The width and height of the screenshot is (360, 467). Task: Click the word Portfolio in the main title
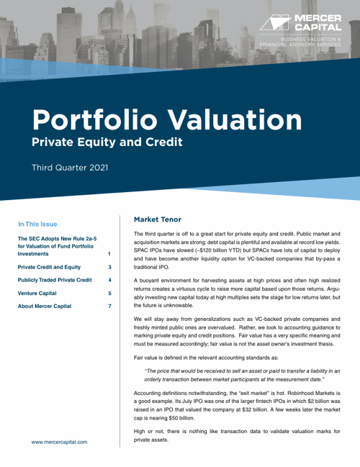(91, 117)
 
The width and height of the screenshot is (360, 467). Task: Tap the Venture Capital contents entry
(41, 294)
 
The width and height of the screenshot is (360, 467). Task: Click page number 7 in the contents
(109, 307)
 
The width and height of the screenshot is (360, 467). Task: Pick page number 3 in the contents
(109, 267)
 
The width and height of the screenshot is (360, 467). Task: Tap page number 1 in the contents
(109, 254)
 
